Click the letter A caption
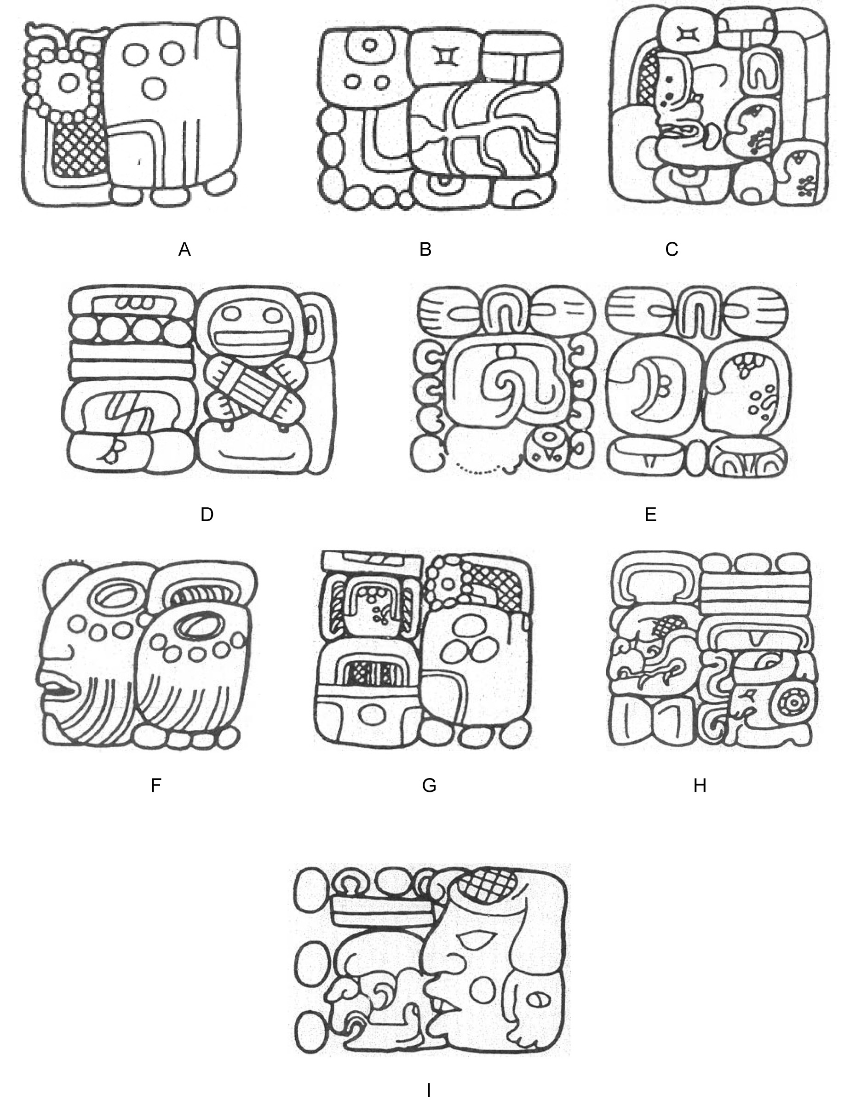coord(185,249)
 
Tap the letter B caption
coord(425,249)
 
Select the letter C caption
coord(672,249)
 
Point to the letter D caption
coord(207,514)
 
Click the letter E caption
coord(651,514)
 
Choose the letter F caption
coord(156,785)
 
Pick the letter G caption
coord(429,785)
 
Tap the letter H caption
coord(700,785)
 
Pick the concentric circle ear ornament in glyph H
coord(794,702)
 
